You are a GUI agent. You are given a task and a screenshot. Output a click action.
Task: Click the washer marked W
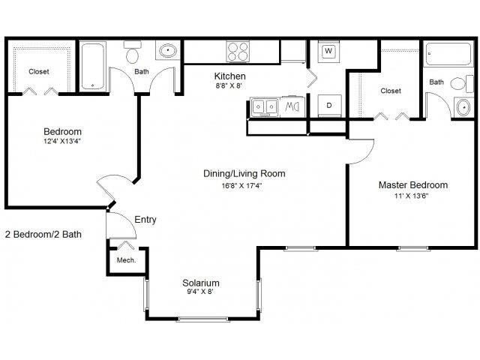[328, 52]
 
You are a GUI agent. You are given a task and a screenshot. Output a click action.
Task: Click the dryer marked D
[328, 105]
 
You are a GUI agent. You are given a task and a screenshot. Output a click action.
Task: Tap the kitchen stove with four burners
[238, 51]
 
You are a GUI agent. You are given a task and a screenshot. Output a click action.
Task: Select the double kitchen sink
[264, 107]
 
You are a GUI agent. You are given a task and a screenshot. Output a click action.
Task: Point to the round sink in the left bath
[166, 52]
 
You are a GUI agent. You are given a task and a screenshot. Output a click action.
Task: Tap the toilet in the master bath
[459, 83]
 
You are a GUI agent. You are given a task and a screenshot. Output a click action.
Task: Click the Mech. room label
[124, 261]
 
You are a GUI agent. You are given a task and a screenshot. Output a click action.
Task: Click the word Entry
[145, 220]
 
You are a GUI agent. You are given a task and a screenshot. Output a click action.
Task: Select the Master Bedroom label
[412, 185]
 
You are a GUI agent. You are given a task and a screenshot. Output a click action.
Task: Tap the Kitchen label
[229, 76]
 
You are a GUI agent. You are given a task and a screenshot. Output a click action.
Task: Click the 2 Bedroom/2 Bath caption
[43, 234]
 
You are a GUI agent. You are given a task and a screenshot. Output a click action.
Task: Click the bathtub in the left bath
[94, 66]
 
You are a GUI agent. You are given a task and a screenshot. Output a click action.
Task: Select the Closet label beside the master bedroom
[390, 91]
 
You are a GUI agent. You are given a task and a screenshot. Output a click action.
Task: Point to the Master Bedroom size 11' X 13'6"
[412, 198]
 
